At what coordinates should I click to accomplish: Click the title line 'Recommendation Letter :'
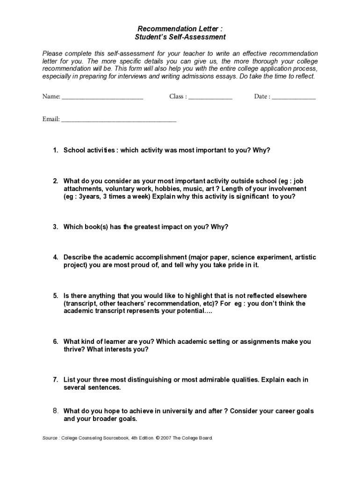click(x=180, y=29)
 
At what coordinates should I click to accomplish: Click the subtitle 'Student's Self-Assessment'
click(x=180, y=37)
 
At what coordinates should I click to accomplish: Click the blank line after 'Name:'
click(x=102, y=97)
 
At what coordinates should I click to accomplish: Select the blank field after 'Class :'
click(x=210, y=97)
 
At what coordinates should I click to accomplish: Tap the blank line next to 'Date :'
click(x=294, y=97)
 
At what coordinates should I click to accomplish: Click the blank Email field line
click(x=119, y=120)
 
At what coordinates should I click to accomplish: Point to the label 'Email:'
click(x=51, y=119)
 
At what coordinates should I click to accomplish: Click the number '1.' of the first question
click(x=55, y=150)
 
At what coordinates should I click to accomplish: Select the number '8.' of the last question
click(x=55, y=411)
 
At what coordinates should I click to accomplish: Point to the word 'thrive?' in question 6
click(x=74, y=349)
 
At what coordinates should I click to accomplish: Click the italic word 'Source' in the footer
click(x=50, y=438)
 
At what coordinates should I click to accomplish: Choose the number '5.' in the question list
click(x=55, y=296)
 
